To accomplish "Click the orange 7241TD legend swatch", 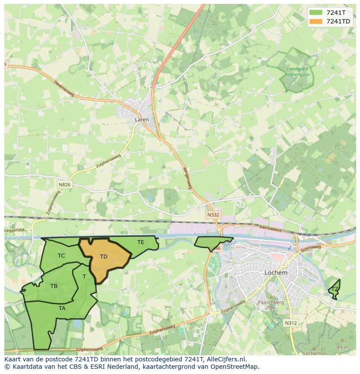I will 316,21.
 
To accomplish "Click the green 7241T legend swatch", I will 316,13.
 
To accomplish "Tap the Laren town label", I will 142,119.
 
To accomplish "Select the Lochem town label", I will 276,273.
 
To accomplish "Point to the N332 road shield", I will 213,215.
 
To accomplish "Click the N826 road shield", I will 64,185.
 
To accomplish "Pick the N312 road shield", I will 291,323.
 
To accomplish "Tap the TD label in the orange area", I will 103,257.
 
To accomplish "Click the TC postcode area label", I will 61,256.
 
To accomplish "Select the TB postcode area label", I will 54,286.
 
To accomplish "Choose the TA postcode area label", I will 62,308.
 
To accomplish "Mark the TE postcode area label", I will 141,242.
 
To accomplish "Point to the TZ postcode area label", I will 335,289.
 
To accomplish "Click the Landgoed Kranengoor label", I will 297,72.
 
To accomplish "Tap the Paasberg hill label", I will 271,302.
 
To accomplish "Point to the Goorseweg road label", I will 310,248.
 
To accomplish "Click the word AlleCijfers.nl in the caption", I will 225,359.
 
